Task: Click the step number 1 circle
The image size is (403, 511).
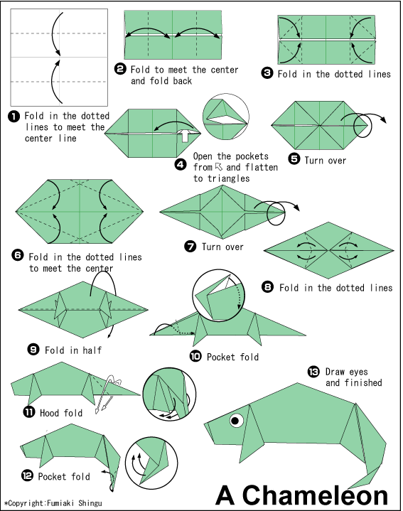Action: [x=14, y=117]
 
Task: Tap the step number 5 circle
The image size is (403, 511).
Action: [x=294, y=159]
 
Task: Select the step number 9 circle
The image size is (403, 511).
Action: [x=33, y=350]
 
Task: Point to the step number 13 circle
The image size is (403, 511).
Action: [x=313, y=372]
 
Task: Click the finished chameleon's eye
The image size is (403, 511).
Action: [x=236, y=421]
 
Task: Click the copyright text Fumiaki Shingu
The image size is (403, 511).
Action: [x=75, y=503]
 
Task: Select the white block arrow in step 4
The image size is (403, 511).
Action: [x=185, y=134]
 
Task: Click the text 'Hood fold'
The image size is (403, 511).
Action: [x=61, y=413]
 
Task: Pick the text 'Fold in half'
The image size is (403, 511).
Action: [x=73, y=350]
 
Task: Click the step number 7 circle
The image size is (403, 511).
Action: [x=190, y=246]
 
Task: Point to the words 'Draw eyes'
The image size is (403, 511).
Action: [x=347, y=372]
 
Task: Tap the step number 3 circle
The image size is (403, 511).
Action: [x=267, y=73]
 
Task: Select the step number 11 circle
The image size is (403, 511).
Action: [x=28, y=412]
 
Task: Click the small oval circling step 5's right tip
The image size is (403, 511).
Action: [x=362, y=125]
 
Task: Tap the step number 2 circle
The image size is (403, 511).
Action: [x=120, y=69]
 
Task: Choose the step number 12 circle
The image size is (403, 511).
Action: [x=28, y=475]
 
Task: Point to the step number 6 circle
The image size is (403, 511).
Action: [x=18, y=255]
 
